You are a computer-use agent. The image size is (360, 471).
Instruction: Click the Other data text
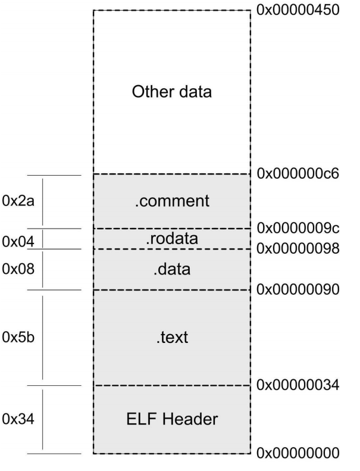pos(172,92)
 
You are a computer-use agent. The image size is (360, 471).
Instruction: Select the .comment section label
pos(171,201)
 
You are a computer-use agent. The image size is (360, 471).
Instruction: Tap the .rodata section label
pos(171,238)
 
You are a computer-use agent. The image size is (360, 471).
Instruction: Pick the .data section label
pos(171,269)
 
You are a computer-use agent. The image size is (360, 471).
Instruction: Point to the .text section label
pos(171,338)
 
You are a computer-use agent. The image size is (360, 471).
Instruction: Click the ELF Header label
pos(171,419)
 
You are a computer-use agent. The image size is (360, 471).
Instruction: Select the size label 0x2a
pos(19,201)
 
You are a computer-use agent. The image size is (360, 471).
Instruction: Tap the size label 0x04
pos(19,241)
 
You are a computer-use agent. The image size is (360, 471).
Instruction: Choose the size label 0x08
pos(19,269)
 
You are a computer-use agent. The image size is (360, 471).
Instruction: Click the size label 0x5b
pos(19,338)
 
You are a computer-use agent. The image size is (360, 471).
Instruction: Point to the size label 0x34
pos(19,419)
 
